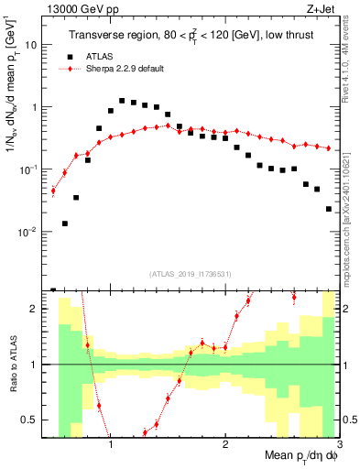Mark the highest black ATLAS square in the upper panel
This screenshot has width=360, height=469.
pyautogui.click(x=122, y=101)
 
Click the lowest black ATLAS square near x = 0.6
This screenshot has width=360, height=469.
pyautogui.click(x=64, y=224)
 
